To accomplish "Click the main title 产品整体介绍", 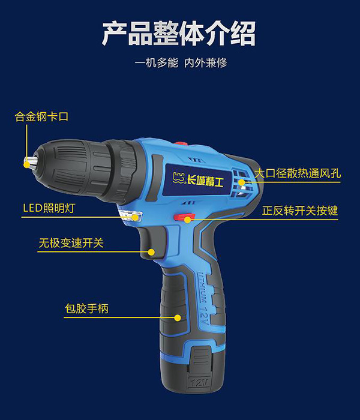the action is pyautogui.click(x=179, y=34).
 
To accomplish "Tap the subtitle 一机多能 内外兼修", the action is pyautogui.click(x=181, y=63).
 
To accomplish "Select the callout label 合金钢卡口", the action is pyautogui.click(x=41, y=117).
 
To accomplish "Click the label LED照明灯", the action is pyautogui.click(x=49, y=208).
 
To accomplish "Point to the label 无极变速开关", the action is pyautogui.click(x=71, y=243).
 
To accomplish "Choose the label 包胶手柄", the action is pyautogui.click(x=87, y=308).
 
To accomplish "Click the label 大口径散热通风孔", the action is pyautogui.click(x=298, y=173).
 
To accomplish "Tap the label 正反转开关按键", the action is pyautogui.click(x=300, y=210).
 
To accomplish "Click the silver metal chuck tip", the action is pyautogui.click(x=31, y=163).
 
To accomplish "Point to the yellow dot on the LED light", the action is pyautogui.click(x=135, y=217).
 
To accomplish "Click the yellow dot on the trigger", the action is pyautogui.click(x=151, y=252).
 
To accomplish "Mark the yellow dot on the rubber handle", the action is pyautogui.click(x=178, y=317).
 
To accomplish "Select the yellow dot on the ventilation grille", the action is pyautogui.click(x=242, y=182).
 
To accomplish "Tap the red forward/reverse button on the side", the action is pyautogui.click(x=184, y=217).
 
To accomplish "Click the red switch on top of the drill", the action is pyautogui.click(x=181, y=143).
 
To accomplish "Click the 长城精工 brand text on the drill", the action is pyautogui.click(x=205, y=181).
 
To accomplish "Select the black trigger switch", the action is pyautogui.click(x=152, y=242).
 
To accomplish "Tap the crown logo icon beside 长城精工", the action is pyautogui.click(x=179, y=178).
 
